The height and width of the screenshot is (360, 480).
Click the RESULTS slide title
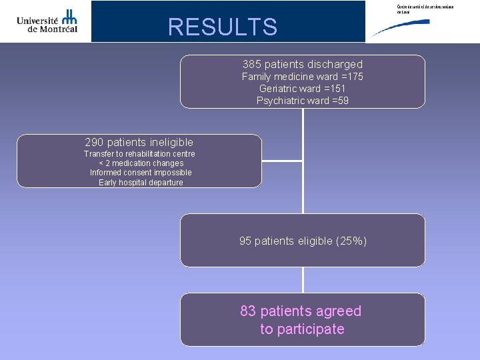point(222,27)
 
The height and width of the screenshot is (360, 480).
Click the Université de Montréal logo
point(47,21)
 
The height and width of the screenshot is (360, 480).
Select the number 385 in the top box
point(252,65)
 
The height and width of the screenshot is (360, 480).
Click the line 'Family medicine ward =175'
point(303,77)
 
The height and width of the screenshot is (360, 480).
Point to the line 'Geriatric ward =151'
point(303,89)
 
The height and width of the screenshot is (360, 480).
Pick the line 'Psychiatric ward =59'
point(303,101)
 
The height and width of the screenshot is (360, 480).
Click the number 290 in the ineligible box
point(95,142)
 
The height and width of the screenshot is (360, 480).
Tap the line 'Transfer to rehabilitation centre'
point(139,154)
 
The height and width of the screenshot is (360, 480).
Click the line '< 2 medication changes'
point(141,163)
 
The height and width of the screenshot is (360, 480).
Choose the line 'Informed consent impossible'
point(141,173)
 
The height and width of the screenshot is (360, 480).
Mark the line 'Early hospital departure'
point(141,183)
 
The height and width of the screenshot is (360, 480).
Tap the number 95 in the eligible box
point(245,241)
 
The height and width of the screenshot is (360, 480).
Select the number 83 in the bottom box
point(248,311)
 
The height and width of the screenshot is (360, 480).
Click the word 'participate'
point(311,329)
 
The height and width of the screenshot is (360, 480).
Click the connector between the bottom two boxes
point(303,280)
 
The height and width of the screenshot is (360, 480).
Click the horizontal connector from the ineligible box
point(283,161)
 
